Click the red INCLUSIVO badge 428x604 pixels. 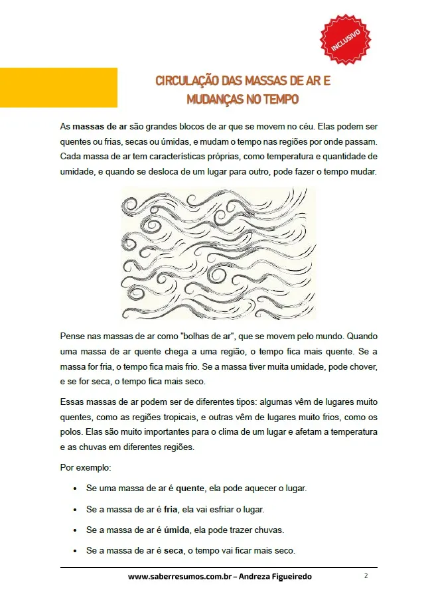click(x=346, y=39)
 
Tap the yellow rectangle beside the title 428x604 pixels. click(x=58, y=87)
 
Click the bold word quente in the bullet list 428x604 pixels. click(x=190, y=488)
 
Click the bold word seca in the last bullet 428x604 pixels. click(x=175, y=551)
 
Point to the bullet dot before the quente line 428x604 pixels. click(x=75, y=489)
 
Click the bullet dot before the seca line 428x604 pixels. click(x=75, y=552)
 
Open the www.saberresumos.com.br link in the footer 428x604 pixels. click(x=182, y=577)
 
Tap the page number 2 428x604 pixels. click(x=366, y=576)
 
